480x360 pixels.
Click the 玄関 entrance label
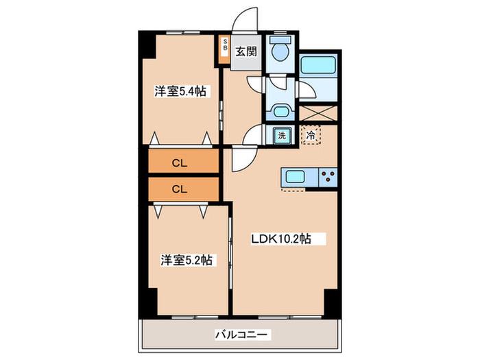[x=246, y=51]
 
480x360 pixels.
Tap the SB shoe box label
[x=225, y=44]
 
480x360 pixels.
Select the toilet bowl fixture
[x=280, y=49]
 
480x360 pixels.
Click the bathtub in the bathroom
[x=318, y=65]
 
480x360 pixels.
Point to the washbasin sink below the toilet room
[x=280, y=111]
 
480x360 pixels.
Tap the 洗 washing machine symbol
[x=282, y=135]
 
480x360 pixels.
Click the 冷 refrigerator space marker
[x=311, y=135]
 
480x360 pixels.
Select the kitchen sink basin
[x=295, y=177]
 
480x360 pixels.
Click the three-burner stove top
[x=328, y=177]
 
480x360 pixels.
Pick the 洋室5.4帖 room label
[x=180, y=91]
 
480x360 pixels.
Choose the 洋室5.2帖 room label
[x=187, y=261]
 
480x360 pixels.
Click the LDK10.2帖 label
[x=281, y=239]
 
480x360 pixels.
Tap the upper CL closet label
[x=180, y=163]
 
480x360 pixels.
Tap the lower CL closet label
[x=180, y=189]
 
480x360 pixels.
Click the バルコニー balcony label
[x=243, y=335]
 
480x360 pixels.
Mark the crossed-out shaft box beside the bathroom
[x=318, y=113]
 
